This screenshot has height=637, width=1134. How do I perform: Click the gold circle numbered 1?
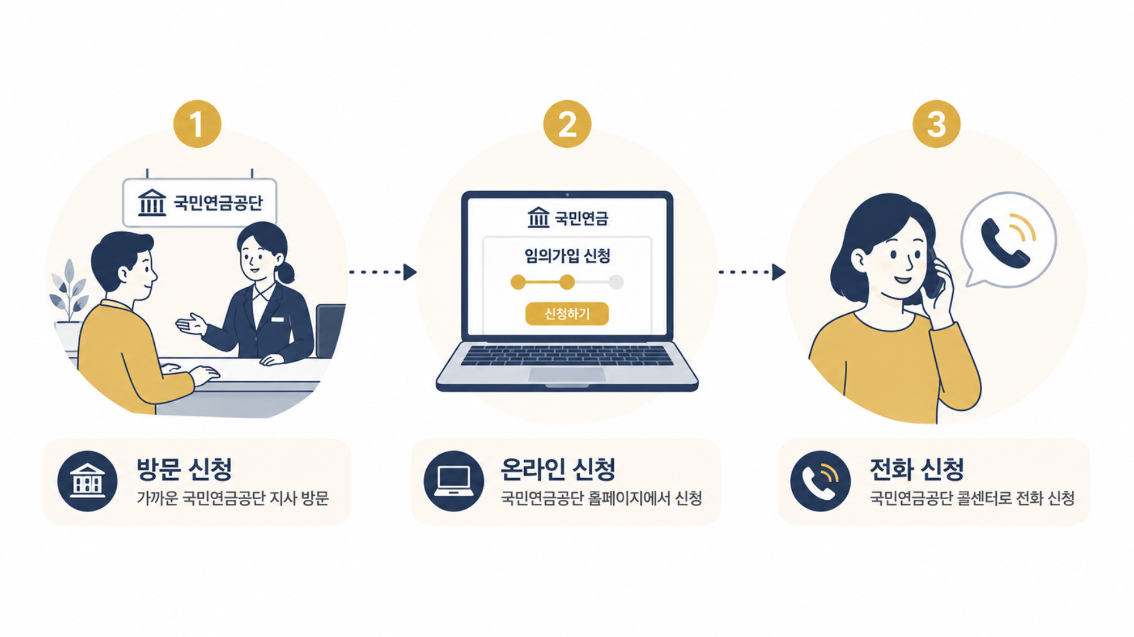(x=197, y=124)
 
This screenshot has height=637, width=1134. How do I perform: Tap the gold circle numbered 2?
(x=567, y=124)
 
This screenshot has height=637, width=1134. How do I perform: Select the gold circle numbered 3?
(x=936, y=124)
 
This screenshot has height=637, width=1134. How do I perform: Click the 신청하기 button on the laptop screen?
(x=567, y=314)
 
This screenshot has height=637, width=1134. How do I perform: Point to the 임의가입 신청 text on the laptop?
(x=567, y=256)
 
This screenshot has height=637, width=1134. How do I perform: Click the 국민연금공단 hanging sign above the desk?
(x=199, y=202)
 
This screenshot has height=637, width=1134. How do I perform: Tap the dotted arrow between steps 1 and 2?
(x=383, y=272)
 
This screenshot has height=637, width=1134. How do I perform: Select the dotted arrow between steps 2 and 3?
(x=752, y=272)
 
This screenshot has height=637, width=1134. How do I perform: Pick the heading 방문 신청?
(x=185, y=469)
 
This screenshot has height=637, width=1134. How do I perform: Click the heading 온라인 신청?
(x=558, y=469)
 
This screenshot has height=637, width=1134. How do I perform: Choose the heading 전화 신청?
(x=917, y=469)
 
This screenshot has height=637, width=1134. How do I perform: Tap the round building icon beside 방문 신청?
(x=87, y=481)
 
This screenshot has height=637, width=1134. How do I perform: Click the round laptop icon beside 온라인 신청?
(x=454, y=481)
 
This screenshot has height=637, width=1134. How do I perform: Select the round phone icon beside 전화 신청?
(x=820, y=481)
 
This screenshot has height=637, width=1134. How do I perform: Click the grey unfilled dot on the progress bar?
(x=616, y=282)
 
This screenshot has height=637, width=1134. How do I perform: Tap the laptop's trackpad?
(x=566, y=375)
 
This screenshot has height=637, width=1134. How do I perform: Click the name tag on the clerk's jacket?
(x=277, y=320)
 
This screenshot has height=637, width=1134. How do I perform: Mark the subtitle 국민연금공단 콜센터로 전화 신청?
(x=972, y=498)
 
